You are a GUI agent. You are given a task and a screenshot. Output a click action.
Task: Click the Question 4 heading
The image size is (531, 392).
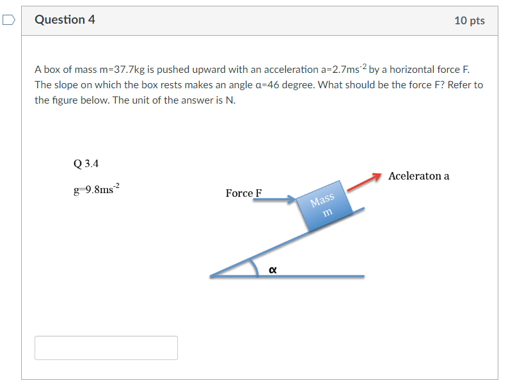(x=65, y=20)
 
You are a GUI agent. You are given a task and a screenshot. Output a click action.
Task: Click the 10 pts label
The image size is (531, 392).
(x=469, y=20)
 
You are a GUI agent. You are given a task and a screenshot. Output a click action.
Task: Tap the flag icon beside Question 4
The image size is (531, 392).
(x=8, y=20)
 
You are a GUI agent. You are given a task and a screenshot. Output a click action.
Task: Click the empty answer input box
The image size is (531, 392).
(x=106, y=348)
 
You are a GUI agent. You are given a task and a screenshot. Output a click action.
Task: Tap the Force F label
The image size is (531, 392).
(x=244, y=193)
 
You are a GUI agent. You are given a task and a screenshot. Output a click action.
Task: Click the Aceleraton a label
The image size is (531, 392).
(x=418, y=176)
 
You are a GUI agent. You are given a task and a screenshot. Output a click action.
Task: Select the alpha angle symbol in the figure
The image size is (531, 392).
(x=273, y=270)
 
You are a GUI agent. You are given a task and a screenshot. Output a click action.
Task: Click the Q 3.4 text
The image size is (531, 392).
(x=86, y=164)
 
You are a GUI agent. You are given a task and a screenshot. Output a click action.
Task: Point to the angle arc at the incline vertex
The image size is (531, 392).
(x=253, y=267)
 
